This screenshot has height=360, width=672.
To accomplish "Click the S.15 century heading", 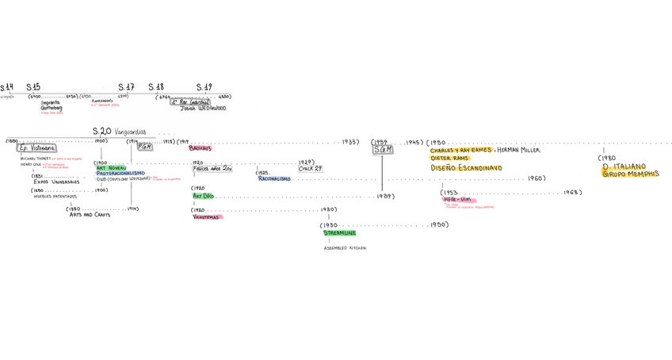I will [33, 87].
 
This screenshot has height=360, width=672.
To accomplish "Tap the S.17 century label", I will [126, 87].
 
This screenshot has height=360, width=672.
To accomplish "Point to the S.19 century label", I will [204, 87].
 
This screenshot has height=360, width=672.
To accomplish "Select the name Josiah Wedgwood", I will [203, 109].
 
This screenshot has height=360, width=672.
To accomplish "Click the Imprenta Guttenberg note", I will [52, 105].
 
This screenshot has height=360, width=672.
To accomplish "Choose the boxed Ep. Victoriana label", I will [36, 148].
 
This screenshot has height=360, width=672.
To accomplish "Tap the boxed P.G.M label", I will [144, 147].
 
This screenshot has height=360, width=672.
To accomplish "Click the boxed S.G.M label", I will [383, 149].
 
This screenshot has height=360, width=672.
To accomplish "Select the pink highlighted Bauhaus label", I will [200, 148].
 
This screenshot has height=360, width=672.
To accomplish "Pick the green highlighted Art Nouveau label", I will [111, 168].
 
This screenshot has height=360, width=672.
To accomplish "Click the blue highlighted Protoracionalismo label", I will [120, 174].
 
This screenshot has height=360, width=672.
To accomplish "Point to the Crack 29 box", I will [310, 169].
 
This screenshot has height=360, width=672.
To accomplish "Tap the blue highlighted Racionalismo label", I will [274, 179].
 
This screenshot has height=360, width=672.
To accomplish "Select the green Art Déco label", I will [203, 196].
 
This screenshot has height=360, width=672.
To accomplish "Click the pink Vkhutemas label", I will [206, 216].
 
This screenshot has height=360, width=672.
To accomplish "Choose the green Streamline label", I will [339, 233].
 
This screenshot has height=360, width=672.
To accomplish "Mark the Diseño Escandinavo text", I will [466, 168].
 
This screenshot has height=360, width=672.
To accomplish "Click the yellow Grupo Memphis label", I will [630, 174].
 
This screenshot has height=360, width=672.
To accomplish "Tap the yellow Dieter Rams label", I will [449, 158].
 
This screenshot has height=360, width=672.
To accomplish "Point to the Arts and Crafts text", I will [90, 215].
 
